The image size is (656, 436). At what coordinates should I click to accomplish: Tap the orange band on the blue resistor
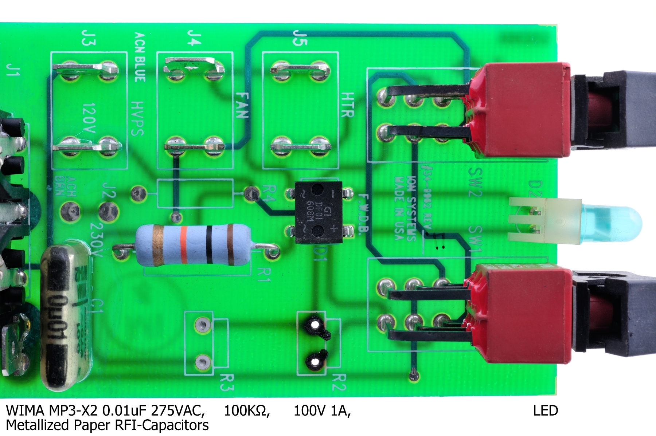(184, 245)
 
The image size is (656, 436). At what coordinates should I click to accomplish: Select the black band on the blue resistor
(209, 245)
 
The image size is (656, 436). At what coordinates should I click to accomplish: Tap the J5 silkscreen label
(300, 38)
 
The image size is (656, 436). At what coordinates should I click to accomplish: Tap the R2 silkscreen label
(338, 382)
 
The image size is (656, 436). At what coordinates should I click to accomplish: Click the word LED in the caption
(545, 411)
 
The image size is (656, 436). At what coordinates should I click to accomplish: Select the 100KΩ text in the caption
(246, 411)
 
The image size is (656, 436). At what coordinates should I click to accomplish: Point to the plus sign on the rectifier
(332, 229)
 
